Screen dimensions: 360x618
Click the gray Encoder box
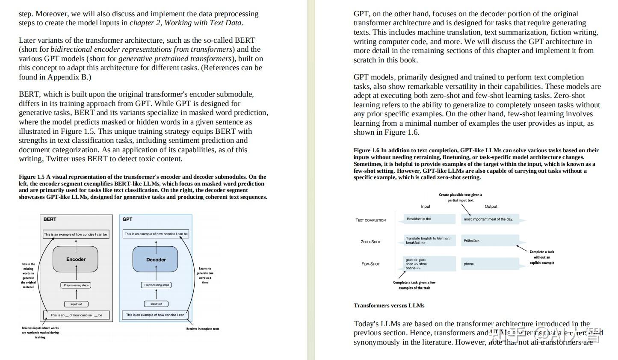point(76,260)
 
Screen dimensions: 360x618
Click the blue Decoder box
point(156,260)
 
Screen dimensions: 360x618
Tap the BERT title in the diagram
point(50,219)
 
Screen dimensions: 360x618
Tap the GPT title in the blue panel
point(127,219)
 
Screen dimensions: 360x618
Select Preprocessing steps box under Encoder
point(76,285)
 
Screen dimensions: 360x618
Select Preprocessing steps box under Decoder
point(157,285)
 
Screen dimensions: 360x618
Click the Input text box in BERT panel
point(77,304)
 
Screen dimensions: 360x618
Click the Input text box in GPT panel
point(156,304)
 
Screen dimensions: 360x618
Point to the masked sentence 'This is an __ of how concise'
point(76,315)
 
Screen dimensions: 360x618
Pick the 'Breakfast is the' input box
point(425,219)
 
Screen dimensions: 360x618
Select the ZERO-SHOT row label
point(370,242)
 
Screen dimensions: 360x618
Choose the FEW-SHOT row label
point(370,264)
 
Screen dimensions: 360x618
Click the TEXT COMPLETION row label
point(370,220)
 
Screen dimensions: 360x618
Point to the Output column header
point(491,207)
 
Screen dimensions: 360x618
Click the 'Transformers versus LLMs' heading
point(389,306)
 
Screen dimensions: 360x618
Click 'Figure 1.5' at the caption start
point(31,177)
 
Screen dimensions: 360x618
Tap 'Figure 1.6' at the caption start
point(366,150)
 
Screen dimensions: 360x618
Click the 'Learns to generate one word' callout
point(205,275)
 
